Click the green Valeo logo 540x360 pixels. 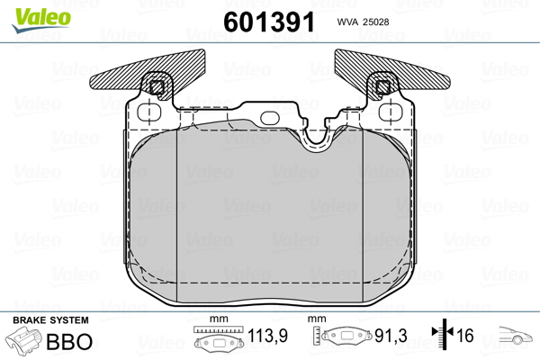click(41, 20)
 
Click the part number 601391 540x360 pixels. click(269, 22)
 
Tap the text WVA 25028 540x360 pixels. click(363, 22)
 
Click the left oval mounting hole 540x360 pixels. click(149, 112)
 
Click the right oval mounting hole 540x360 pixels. click(391, 112)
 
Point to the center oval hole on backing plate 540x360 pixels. click(270, 118)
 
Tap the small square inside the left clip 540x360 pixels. click(157, 87)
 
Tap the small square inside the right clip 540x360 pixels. click(382, 87)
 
